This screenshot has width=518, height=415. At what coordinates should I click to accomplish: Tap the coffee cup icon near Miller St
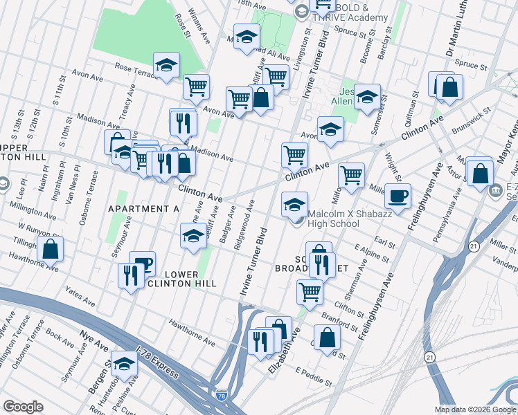(398, 196)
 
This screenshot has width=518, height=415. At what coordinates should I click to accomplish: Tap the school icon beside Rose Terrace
(166, 66)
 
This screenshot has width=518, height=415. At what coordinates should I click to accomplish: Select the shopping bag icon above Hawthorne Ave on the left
(50, 249)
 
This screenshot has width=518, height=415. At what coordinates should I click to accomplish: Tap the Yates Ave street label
(78, 298)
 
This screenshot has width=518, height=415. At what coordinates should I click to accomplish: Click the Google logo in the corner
(24, 407)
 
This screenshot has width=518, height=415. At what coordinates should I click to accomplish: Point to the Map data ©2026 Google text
(476, 409)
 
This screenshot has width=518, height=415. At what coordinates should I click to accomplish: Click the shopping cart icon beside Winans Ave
(197, 87)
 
